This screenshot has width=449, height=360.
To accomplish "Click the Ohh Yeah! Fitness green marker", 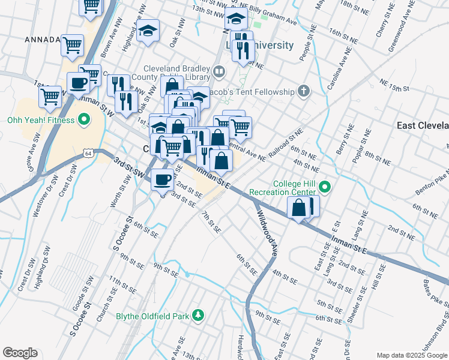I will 85,120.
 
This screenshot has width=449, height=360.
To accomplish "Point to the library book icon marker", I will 220,73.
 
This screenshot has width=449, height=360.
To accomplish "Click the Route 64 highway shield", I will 88,154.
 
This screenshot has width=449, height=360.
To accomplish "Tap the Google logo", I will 20,353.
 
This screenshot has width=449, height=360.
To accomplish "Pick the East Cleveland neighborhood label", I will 423,125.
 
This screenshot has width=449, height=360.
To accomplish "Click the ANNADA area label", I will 42,40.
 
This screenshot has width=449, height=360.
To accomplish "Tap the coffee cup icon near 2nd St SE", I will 163,179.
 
